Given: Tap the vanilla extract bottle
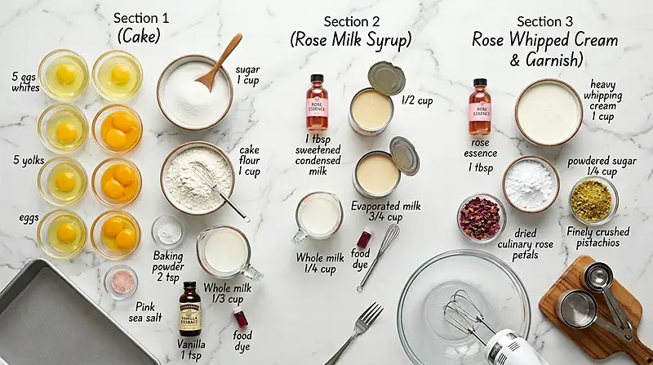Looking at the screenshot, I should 189,309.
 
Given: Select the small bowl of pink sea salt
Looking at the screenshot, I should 121,281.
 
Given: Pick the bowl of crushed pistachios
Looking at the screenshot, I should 593,200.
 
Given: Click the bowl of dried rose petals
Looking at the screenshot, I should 481,217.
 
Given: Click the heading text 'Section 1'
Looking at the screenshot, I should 140,18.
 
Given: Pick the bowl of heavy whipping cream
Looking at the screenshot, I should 549,112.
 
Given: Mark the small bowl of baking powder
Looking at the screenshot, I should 168,230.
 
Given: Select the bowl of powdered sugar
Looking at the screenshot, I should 530,184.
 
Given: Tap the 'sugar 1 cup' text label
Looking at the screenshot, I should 247,76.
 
